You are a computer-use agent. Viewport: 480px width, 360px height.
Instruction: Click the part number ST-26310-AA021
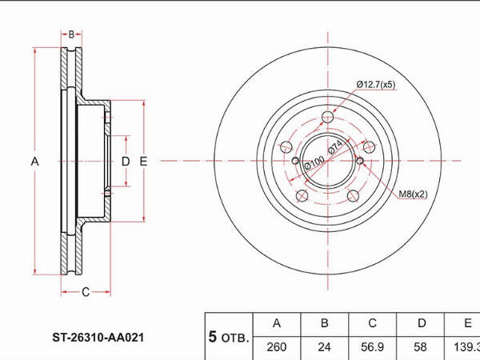point(98,338)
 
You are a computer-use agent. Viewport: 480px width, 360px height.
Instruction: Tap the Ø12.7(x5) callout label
point(376,84)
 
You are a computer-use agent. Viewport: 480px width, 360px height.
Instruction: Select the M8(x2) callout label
point(413,194)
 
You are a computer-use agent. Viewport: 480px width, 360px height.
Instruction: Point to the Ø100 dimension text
point(314,162)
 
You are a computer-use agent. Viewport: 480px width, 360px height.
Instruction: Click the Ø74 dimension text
point(334,147)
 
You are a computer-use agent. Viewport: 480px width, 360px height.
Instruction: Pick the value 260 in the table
point(277,347)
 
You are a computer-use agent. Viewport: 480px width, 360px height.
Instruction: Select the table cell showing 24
point(325,347)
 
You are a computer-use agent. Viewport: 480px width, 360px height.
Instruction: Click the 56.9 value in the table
point(372,347)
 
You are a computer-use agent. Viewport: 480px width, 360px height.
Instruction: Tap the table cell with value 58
point(420,347)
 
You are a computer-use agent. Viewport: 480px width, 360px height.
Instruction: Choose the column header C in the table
point(372,323)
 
